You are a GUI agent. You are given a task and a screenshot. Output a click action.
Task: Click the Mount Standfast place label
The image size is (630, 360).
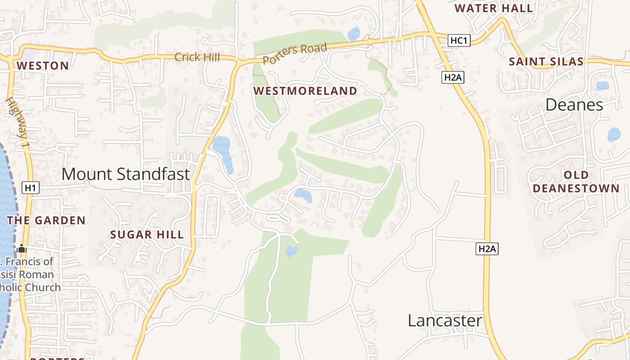pyautogui.click(x=126, y=174)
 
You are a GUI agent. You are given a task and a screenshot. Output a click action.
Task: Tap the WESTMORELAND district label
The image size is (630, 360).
pyautogui.click(x=305, y=91)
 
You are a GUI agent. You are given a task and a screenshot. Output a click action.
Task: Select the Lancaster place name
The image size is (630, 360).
pyautogui.click(x=445, y=321)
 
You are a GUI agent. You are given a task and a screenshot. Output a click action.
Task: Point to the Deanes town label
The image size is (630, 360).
pyautogui.click(x=574, y=105)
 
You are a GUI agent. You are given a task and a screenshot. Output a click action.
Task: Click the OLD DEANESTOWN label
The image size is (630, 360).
pyautogui.click(x=576, y=182)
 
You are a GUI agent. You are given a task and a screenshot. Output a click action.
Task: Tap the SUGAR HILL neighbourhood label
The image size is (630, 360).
pyautogui.click(x=147, y=234)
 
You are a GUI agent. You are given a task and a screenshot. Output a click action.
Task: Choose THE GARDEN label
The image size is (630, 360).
pyautogui.click(x=46, y=220)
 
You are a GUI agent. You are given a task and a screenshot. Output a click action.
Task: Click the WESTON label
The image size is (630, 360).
pyautogui.click(x=43, y=66)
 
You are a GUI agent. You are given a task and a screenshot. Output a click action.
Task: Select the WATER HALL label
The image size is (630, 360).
pyautogui.click(x=494, y=8)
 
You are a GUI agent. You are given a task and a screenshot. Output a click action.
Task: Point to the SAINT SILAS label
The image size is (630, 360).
pyautogui.click(x=546, y=62)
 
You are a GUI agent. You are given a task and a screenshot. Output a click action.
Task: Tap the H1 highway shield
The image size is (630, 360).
pyautogui.click(x=30, y=188)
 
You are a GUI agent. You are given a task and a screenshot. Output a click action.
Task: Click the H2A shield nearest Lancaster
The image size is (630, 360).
pyautogui.click(x=487, y=249)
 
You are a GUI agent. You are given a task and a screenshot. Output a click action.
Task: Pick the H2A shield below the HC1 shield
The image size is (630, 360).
pyautogui.click(x=453, y=77)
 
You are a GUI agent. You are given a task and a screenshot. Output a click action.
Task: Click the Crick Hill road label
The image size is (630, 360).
pyautogui.click(x=197, y=57)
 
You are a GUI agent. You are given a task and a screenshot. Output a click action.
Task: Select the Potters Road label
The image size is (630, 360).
pyautogui.click(x=295, y=53)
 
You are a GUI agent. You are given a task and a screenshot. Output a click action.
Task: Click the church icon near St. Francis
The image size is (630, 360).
pyautogui.click(x=22, y=248)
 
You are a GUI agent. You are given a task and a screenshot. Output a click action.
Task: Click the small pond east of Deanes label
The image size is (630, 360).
pyautogui.click(x=614, y=135)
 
